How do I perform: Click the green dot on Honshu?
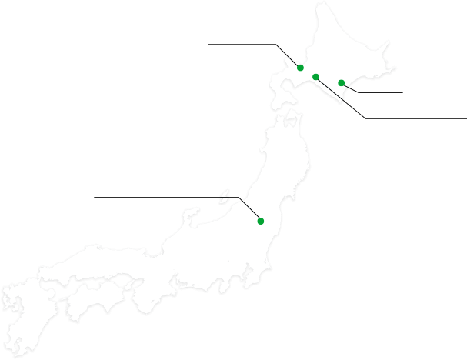[x=261, y=222]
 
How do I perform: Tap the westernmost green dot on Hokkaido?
[x=300, y=68]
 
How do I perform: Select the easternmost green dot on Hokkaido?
[x=341, y=82]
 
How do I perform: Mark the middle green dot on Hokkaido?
[x=316, y=76]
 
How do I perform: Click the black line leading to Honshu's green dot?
[x=252, y=211]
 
